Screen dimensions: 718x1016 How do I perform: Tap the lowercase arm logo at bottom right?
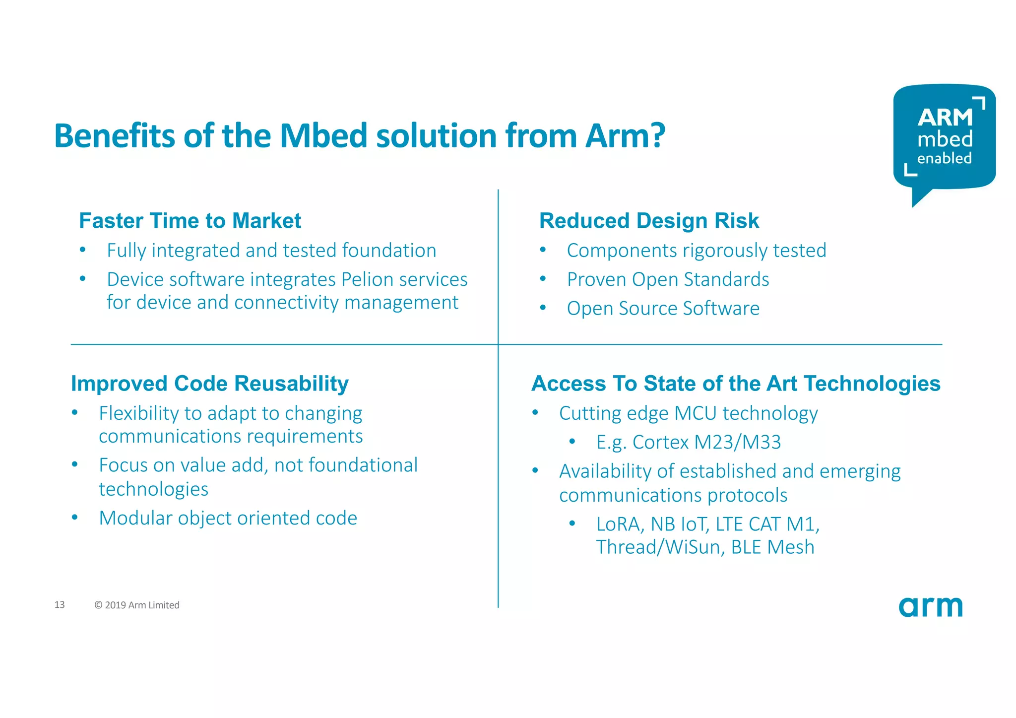click(930, 606)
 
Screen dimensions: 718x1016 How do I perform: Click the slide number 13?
click(60, 604)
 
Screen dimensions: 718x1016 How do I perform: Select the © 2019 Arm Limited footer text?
click(137, 605)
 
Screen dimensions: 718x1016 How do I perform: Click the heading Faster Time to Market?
click(190, 221)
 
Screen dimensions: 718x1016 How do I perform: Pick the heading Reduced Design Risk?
click(649, 221)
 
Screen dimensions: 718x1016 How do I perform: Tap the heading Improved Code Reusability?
click(210, 384)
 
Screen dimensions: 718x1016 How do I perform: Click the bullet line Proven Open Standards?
click(668, 279)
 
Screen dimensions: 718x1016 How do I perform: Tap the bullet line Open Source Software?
click(663, 308)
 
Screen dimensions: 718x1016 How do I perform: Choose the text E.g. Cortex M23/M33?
click(689, 442)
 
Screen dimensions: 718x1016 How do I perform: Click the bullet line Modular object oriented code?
click(228, 518)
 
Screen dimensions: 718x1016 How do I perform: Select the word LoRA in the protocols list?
click(618, 524)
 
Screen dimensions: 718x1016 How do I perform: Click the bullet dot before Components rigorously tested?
click(543, 250)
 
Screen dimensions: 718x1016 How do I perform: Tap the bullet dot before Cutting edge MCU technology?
click(535, 413)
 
